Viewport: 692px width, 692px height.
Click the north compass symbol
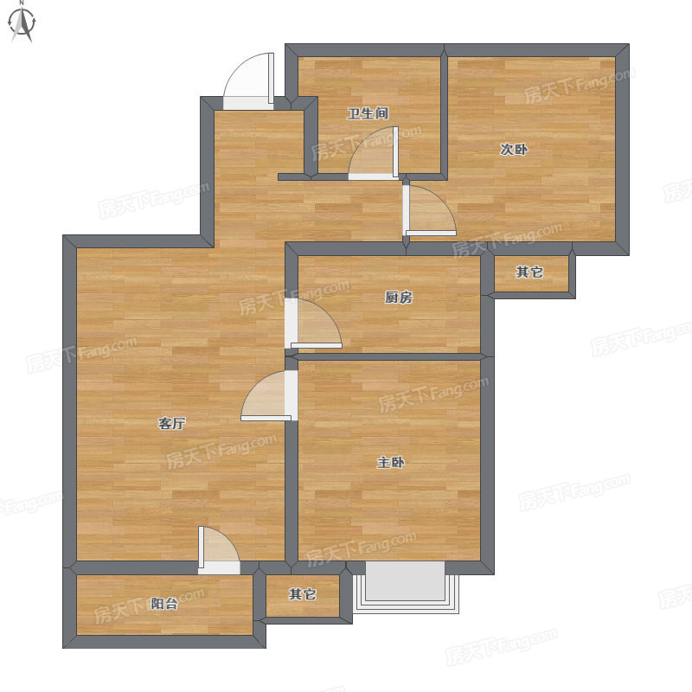click(x=22, y=22)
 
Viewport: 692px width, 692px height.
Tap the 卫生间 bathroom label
click(x=368, y=113)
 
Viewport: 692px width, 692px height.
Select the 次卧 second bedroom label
click(x=514, y=150)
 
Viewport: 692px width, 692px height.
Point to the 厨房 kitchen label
click(x=399, y=298)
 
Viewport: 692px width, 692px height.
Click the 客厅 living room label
click(x=171, y=424)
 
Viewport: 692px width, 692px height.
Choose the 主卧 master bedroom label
click(x=391, y=463)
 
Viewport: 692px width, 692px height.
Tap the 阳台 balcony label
click(x=164, y=603)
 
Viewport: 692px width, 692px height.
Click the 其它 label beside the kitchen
click(x=529, y=272)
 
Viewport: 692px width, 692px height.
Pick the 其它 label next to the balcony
click(x=302, y=594)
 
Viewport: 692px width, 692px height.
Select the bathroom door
click(x=374, y=153)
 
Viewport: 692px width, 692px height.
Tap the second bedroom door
click(x=429, y=210)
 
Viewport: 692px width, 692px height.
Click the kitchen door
click(x=313, y=324)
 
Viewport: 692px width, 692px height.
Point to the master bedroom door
click(x=269, y=395)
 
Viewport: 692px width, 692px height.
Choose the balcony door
click(x=219, y=550)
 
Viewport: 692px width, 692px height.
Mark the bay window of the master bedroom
click(x=406, y=587)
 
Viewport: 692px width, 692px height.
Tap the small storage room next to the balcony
click(x=303, y=596)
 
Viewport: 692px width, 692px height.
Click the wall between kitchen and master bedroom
click(x=389, y=356)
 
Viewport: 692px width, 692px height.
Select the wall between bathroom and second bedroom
click(x=445, y=112)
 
